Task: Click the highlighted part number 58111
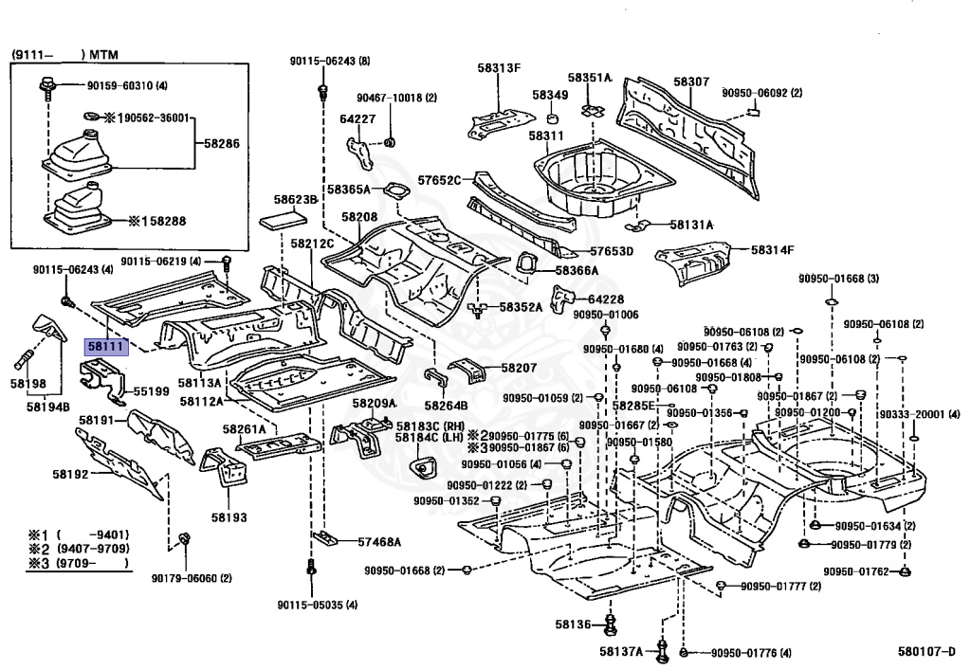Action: (x=104, y=348)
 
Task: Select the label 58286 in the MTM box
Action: (x=224, y=146)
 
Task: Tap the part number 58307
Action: (x=691, y=82)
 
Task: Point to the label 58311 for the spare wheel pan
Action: (x=546, y=136)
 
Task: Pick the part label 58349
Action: (x=550, y=95)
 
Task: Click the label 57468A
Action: (x=379, y=542)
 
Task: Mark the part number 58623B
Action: (x=295, y=200)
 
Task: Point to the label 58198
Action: (x=28, y=384)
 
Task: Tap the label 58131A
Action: (x=691, y=225)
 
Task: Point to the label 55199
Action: (x=151, y=389)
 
